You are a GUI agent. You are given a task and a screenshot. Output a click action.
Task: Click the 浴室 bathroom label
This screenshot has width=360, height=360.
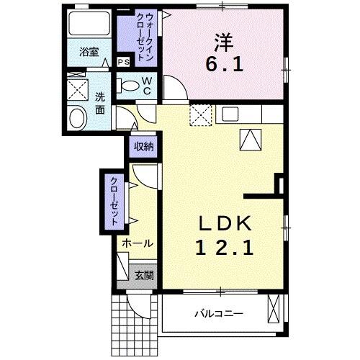click(89, 52)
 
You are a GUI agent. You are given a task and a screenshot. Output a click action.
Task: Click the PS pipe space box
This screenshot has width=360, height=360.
click(124, 62)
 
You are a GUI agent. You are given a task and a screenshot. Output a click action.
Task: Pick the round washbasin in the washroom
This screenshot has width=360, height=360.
click(76, 117)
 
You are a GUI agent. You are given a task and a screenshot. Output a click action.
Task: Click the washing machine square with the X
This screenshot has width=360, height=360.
click(76, 90)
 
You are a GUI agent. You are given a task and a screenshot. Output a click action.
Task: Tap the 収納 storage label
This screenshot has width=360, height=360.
click(143, 146)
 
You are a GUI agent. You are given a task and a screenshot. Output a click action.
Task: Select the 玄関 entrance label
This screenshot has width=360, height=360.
click(144, 274)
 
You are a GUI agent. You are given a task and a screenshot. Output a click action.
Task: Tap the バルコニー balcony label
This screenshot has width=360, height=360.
click(219, 314)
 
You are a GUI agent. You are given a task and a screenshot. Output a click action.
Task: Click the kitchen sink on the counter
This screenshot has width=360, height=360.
click(230, 113)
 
